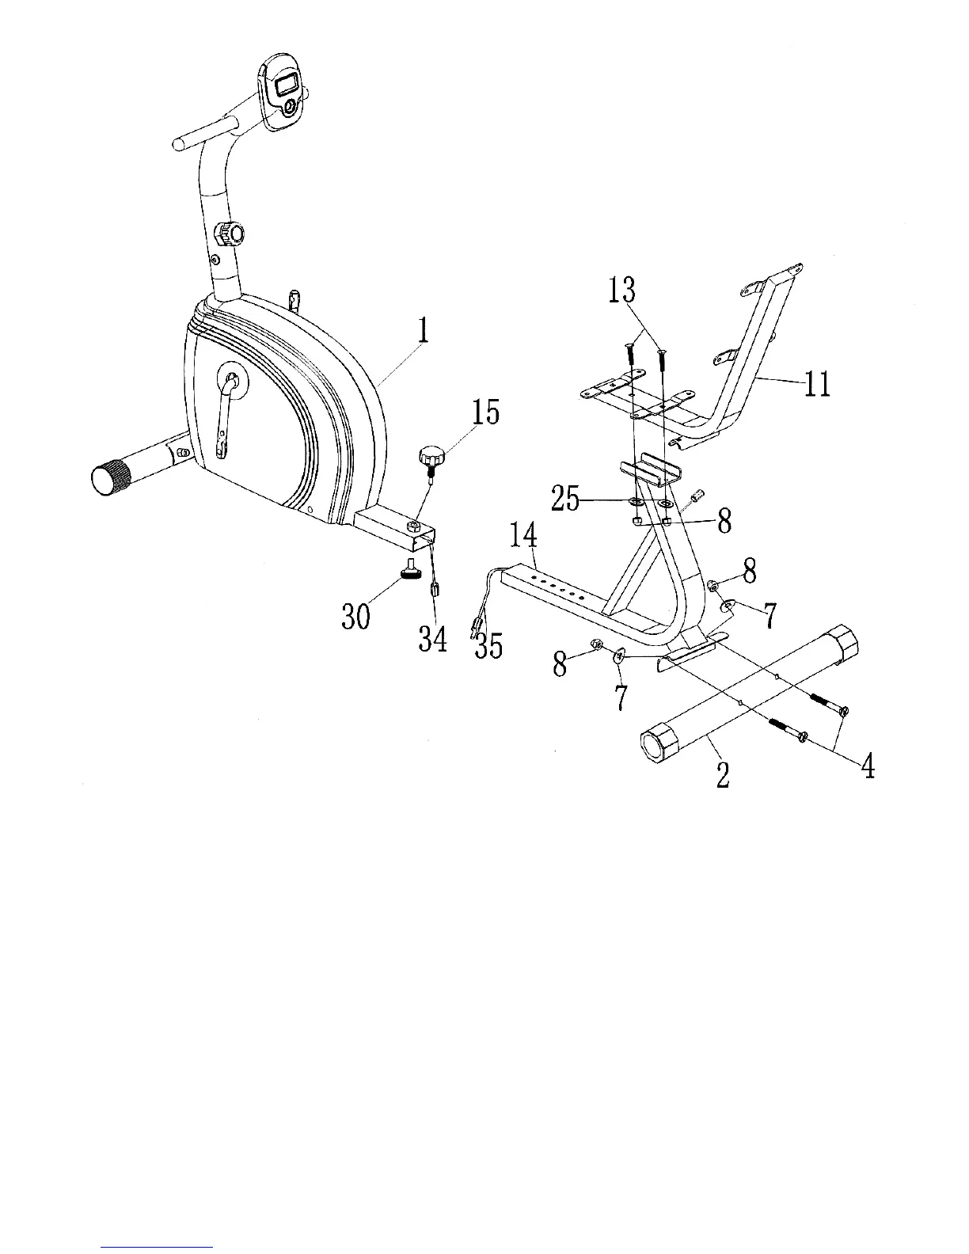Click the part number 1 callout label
coord(424,330)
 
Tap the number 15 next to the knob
coord(486,412)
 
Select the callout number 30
coord(356,615)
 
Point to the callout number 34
coord(433,639)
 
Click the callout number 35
coord(488,647)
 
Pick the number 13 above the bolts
coord(621,290)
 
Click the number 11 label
coord(815,384)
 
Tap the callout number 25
coord(565,500)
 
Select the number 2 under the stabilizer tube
coord(722,775)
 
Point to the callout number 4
coord(868,766)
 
